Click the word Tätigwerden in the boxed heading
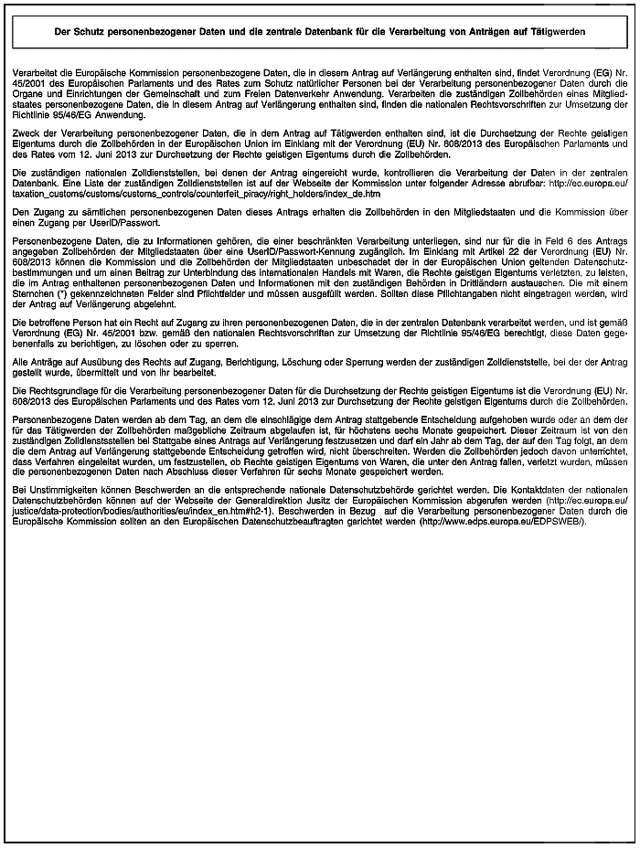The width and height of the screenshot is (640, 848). pos(558,30)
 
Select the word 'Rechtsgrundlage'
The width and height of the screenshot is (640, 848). pos(60,390)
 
